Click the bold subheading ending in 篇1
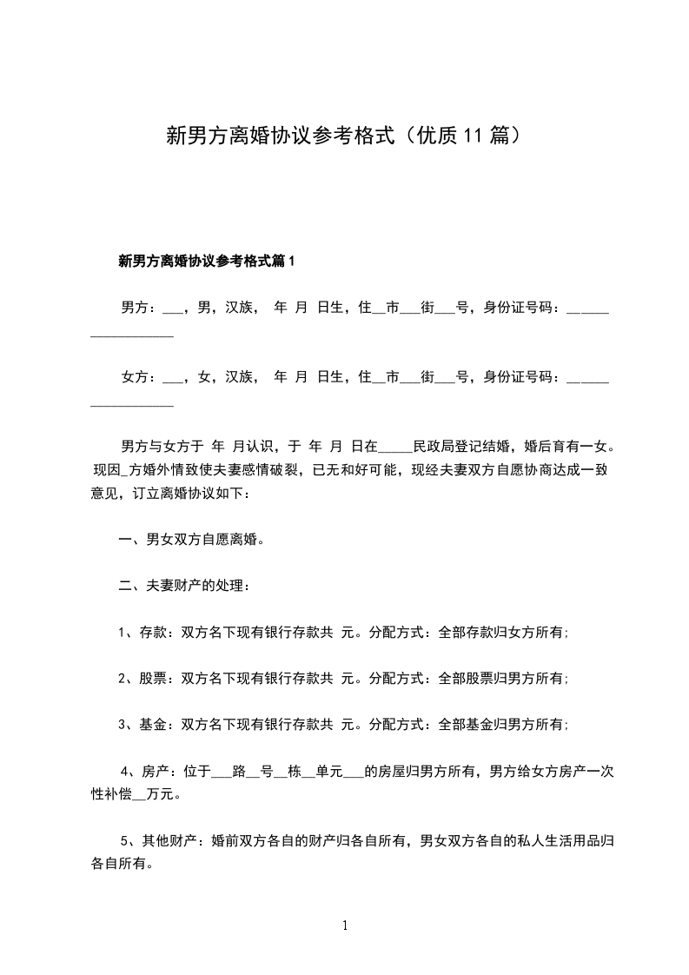tap(207, 261)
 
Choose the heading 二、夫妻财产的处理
tap(185, 587)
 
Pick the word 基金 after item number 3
tap(152, 726)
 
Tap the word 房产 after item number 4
tap(154, 772)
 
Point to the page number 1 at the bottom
tap(345, 926)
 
